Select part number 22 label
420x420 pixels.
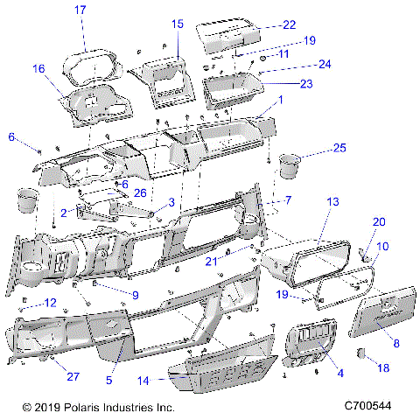coord(289,24)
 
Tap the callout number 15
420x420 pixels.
coord(178,24)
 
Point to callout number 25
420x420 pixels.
coord(339,147)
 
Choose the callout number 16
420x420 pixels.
coord(38,68)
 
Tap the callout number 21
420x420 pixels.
coord(211,261)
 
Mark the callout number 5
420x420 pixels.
coord(109,380)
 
